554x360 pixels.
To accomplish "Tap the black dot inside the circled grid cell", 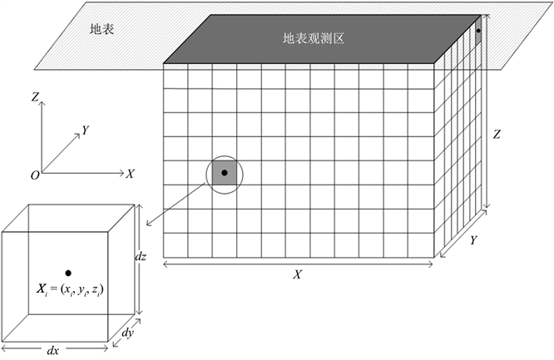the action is (x=225, y=173).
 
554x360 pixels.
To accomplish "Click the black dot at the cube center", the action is (x=68, y=272).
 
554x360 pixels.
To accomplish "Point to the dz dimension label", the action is (x=141, y=258).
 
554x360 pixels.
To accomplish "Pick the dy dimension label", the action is (x=126, y=333).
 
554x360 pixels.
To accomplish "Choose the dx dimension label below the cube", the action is (x=52, y=351).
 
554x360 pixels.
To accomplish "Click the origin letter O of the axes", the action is (x=34, y=175).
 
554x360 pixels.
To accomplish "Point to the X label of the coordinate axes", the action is (x=131, y=174).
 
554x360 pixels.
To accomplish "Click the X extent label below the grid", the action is (x=297, y=275).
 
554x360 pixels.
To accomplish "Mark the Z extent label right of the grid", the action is (x=497, y=134).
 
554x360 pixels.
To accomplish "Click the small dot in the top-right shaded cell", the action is (x=477, y=31).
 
